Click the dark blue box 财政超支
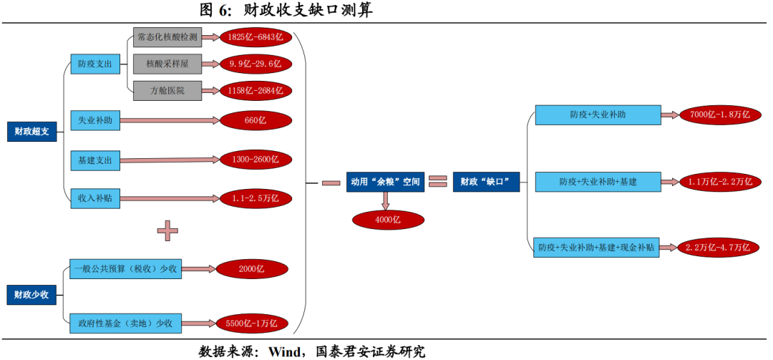(x=32, y=131)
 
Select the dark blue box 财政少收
(x=32, y=293)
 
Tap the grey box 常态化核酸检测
(x=166, y=37)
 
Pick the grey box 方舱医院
(x=166, y=91)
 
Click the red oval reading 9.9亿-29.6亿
(x=256, y=64)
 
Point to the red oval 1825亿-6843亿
(x=256, y=37)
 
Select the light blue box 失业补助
(x=94, y=120)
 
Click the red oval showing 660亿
(x=256, y=120)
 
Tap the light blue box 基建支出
(x=94, y=160)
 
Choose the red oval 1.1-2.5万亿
(x=256, y=198)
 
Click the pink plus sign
(x=167, y=230)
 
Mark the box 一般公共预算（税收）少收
(x=125, y=269)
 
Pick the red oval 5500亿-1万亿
(x=251, y=323)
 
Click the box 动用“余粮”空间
(x=384, y=183)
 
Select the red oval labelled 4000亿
(x=387, y=220)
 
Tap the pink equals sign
(x=437, y=183)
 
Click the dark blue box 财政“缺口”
(x=485, y=183)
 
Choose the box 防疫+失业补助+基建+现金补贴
(x=597, y=248)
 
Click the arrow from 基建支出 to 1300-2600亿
(x=169, y=160)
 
